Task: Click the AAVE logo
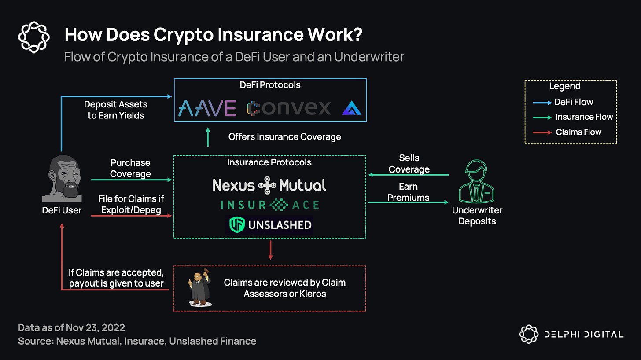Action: pyautogui.click(x=207, y=108)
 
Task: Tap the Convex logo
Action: pyautogui.click(x=288, y=108)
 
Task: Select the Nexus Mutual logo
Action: pyautogui.click(x=269, y=185)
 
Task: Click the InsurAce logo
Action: pyautogui.click(x=270, y=205)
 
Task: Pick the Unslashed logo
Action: pyautogui.click(x=269, y=225)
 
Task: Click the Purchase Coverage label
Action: pyautogui.click(x=130, y=168)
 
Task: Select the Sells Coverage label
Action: pyautogui.click(x=409, y=163)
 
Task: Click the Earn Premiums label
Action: pyautogui.click(x=408, y=192)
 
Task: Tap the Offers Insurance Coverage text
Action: pyautogui.click(x=284, y=137)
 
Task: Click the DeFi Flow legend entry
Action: pyautogui.click(x=573, y=102)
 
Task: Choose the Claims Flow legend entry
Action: pyautogui.click(x=578, y=132)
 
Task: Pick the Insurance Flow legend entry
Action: pyautogui.click(x=584, y=117)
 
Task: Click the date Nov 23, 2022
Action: pyautogui.click(x=96, y=327)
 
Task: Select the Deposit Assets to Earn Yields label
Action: pyautogui.click(x=116, y=110)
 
